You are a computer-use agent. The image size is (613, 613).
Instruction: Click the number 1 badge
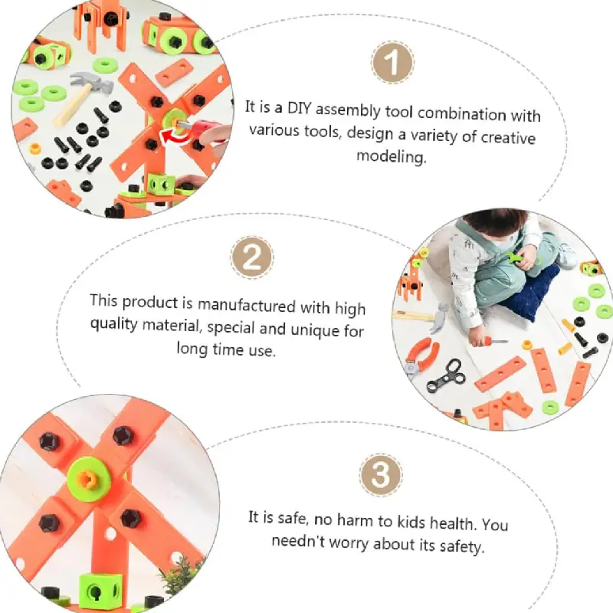point(392,63)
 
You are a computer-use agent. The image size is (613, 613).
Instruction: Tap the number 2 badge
point(252,257)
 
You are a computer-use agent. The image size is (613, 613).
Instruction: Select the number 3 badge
point(380,475)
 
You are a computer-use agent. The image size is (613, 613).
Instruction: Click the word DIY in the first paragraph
point(299,108)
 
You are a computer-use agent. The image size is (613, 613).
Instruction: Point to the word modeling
point(392,156)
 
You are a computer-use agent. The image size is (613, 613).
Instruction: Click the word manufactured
point(246,305)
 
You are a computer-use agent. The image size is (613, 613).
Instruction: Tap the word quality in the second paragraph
point(113,324)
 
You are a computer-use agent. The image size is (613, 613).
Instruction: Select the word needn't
point(298,541)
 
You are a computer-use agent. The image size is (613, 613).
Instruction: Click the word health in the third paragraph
point(453,522)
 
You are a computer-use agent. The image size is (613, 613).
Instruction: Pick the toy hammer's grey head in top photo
point(92,83)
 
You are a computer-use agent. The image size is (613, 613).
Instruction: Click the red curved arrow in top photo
point(175,136)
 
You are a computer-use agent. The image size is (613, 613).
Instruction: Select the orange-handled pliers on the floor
point(421,356)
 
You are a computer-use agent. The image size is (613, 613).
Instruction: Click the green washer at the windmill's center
point(90,478)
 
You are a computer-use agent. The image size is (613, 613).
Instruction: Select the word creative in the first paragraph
point(508,138)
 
